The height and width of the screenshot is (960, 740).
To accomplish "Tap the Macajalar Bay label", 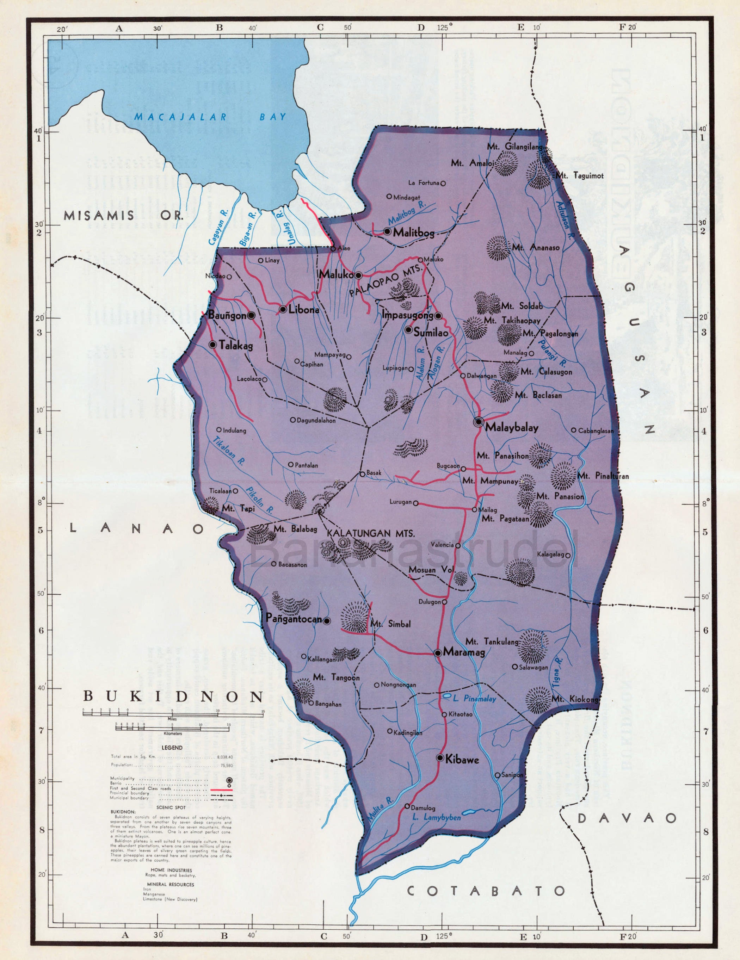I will pyautogui.click(x=210, y=117).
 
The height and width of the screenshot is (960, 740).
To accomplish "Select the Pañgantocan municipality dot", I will pyautogui.click(x=327, y=621).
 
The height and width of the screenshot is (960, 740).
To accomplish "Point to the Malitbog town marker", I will pyautogui.click(x=387, y=231).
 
